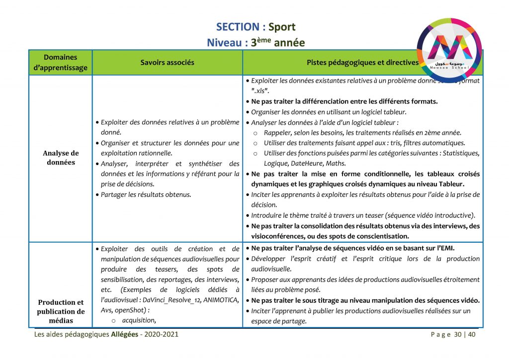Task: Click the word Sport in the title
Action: (282, 27)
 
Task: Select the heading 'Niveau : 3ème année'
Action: (255, 42)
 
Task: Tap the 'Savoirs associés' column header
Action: (167, 63)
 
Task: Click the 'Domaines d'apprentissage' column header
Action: (61, 63)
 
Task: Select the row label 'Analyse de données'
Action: (61, 158)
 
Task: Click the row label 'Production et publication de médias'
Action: (61, 312)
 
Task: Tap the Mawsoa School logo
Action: (449, 48)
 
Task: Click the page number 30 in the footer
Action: (458, 334)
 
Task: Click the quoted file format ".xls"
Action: (260, 90)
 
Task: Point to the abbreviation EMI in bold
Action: (447, 249)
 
